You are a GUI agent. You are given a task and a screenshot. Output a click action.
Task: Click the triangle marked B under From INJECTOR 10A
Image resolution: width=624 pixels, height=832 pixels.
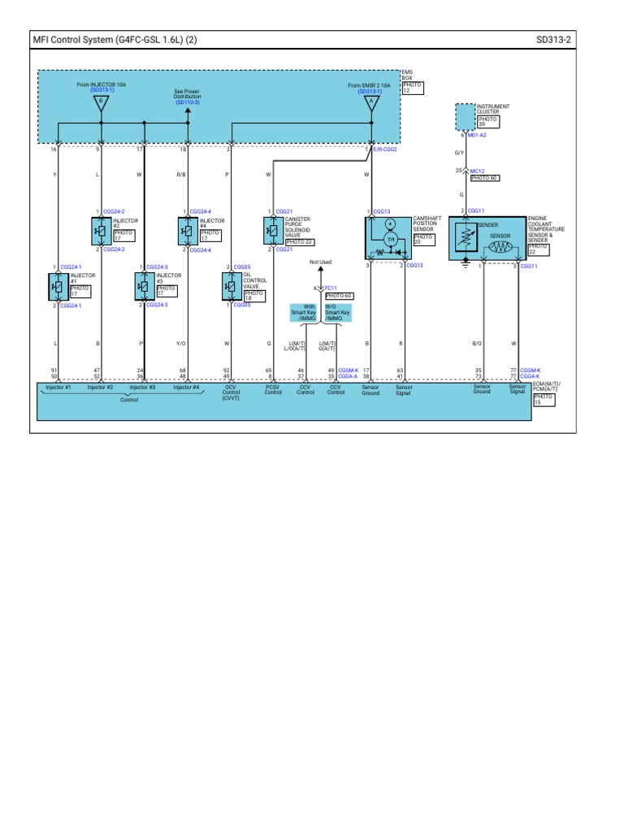(100, 103)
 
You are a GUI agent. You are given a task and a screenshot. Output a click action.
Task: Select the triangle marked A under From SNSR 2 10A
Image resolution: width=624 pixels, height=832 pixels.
(370, 103)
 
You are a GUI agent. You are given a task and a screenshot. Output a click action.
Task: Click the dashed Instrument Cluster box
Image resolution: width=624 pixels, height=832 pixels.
(465, 119)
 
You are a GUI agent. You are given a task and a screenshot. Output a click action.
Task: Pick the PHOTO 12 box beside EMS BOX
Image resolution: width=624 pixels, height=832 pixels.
(412, 89)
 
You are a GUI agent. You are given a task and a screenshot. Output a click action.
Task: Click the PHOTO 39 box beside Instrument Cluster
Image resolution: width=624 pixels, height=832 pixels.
(487, 122)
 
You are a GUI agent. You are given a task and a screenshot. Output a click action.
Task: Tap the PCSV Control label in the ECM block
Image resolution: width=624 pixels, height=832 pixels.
(273, 390)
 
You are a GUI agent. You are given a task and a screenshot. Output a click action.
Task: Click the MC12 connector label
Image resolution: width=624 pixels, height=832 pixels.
(477, 171)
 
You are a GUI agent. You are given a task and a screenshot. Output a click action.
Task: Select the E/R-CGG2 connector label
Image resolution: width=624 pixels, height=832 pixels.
(385, 149)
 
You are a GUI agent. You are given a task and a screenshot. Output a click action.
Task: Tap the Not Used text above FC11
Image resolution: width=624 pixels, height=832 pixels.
(321, 262)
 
